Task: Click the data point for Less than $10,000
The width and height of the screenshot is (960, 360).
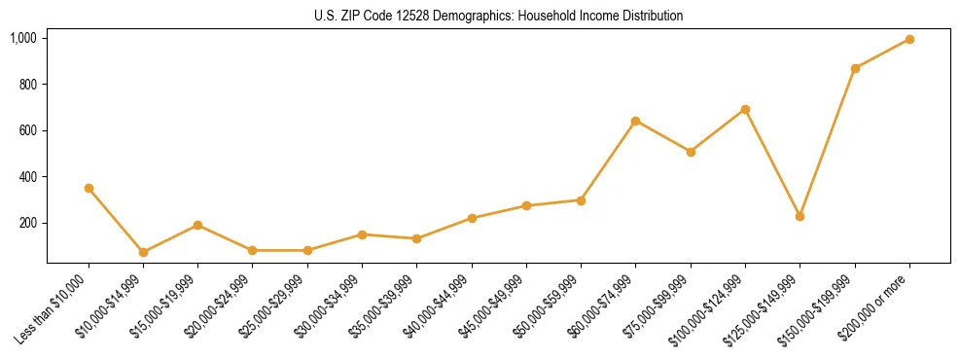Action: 89,188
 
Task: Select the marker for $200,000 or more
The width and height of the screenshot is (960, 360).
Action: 909,39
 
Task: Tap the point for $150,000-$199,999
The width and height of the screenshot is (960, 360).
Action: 855,68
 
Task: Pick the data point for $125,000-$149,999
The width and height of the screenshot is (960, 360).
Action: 800,216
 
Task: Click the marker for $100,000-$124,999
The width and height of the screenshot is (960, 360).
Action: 745,109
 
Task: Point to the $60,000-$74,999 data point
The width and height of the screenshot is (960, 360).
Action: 635,121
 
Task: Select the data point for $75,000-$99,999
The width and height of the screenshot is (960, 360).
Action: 691,152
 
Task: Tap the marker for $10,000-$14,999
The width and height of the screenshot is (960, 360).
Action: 143,252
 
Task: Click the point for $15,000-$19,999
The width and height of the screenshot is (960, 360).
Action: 197,225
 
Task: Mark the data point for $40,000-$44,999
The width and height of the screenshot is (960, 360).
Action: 472,218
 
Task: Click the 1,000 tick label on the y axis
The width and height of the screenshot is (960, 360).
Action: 23,38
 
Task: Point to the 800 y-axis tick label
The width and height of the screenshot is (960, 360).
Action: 28,85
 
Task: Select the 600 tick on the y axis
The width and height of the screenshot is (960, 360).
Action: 28,130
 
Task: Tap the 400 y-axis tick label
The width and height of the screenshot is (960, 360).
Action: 28,177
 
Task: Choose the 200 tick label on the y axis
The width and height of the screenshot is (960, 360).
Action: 28,223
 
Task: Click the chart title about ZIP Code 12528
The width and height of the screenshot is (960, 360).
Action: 498,16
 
